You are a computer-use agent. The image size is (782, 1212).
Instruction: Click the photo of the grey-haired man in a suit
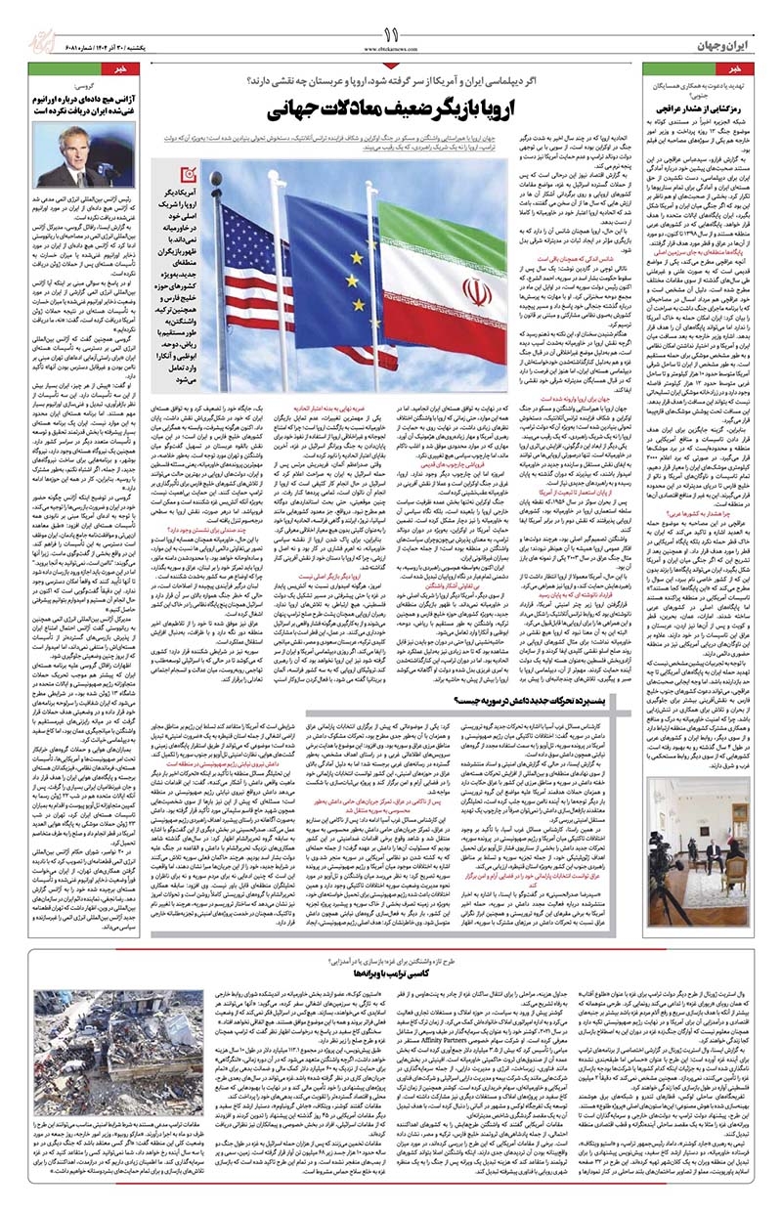tap(77, 157)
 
